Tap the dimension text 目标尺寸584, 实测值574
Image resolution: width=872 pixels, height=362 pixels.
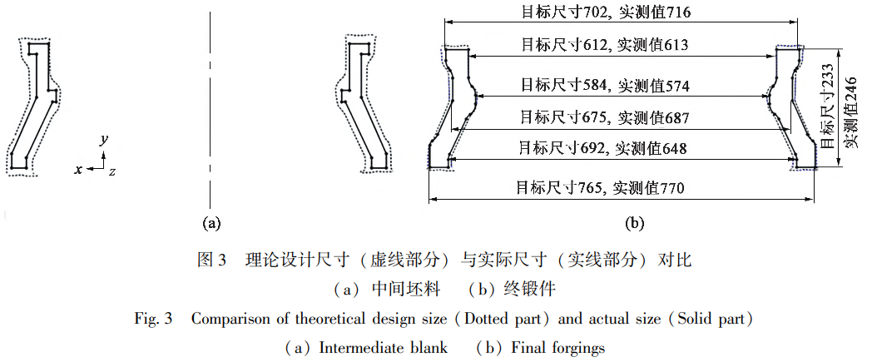(x=605, y=85)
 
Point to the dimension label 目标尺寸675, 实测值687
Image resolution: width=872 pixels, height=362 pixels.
(x=604, y=117)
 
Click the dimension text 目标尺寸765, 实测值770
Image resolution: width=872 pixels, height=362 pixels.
(x=600, y=187)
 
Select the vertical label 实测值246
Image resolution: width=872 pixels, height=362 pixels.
(x=850, y=112)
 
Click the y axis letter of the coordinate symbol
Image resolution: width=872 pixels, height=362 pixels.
(x=104, y=141)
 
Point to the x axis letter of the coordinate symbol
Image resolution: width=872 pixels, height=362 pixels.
(x=78, y=169)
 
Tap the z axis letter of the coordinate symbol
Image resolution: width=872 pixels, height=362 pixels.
(x=111, y=171)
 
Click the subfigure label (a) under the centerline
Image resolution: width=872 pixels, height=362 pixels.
(x=211, y=222)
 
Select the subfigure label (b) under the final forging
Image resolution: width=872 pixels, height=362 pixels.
(x=634, y=222)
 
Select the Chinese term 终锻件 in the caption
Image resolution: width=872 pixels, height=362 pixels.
(x=529, y=290)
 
